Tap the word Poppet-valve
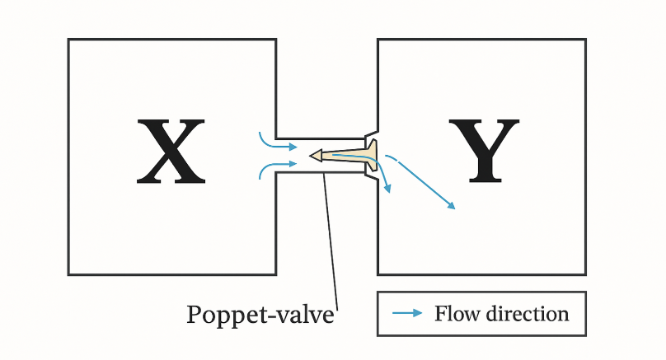260,316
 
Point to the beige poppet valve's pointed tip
312,155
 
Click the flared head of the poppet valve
373,156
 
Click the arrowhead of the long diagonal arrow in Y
452,206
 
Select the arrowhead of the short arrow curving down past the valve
387,189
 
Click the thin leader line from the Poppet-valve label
332,239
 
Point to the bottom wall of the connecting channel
321,173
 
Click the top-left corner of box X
68,40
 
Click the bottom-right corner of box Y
586,274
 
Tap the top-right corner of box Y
586,40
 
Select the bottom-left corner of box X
68,274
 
